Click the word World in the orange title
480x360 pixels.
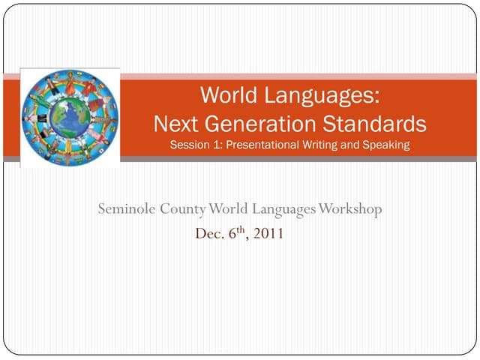pyautogui.click(x=226, y=96)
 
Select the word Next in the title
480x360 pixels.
pyautogui.click(x=177, y=122)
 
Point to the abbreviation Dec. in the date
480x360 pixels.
pyautogui.click(x=209, y=234)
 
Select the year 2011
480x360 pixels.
pyautogui.click(x=268, y=234)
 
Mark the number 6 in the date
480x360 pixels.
pyautogui.click(x=231, y=234)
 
